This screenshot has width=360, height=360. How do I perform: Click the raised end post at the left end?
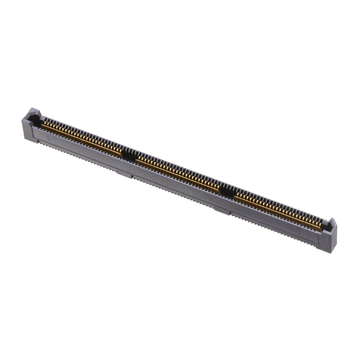pos(30,116)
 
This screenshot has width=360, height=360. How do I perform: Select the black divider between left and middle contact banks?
pos(129,153)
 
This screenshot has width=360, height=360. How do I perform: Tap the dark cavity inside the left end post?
pos(35,119)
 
